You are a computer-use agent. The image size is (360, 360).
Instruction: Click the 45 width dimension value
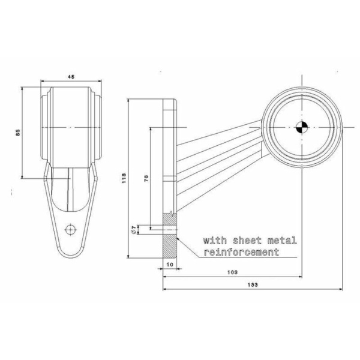click(71, 77)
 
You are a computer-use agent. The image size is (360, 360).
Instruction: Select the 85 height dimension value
click(18, 133)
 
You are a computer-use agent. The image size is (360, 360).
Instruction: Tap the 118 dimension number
click(124, 178)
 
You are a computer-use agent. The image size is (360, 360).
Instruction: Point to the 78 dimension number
click(146, 178)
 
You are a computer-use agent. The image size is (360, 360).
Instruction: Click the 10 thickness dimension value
click(170, 265)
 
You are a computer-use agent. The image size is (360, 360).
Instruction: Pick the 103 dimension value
click(232, 272)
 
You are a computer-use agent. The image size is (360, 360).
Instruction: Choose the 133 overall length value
click(253, 285)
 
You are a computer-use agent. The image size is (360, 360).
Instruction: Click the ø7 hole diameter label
click(133, 230)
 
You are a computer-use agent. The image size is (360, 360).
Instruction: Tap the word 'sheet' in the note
click(247, 241)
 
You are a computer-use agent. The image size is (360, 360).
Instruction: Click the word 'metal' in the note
click(282, 241)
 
